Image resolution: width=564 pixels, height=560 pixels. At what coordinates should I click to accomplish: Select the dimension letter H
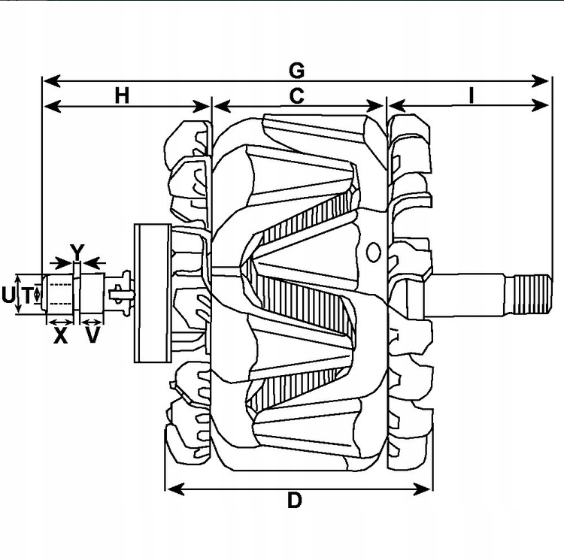pos(123,95)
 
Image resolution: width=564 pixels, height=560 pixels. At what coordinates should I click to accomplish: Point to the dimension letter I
pos(471,95)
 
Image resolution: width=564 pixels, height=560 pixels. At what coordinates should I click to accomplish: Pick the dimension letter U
pos(8,295)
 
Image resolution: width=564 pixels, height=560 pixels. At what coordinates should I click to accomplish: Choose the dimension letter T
pos(27,295)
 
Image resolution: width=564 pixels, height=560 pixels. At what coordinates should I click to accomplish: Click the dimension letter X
pos(60,336)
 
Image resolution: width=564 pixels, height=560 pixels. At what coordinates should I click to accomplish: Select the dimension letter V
pos(92,336)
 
